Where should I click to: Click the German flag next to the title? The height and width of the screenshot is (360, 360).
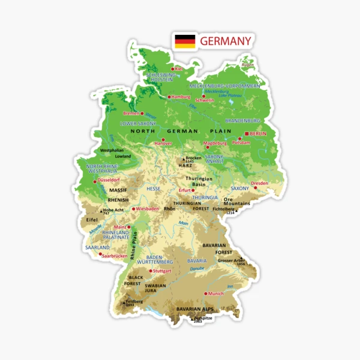[185, 41]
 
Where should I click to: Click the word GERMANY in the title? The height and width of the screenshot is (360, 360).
[226, 41]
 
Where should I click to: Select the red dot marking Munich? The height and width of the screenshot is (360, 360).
[205, 293]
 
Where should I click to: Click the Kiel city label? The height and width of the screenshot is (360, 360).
[178, 69]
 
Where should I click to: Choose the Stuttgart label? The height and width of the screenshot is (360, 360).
[162, 271]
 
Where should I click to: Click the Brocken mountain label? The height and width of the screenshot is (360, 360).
[193, 158]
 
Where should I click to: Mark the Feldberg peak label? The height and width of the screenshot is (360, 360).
[134, 301]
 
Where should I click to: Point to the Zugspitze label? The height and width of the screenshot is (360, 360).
[200, 319]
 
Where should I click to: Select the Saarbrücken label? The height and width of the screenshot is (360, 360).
[115, 256]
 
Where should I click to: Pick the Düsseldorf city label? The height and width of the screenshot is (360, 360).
[109, 180]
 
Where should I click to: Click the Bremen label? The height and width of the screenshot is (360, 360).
[131, 113]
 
